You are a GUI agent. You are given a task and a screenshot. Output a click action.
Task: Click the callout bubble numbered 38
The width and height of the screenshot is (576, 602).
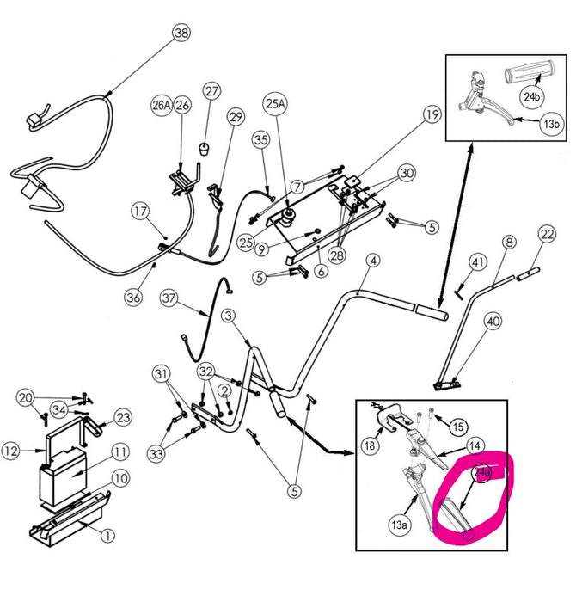(x=181, y=34)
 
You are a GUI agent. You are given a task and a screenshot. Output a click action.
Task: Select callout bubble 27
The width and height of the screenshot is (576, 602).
(x=211, y=92)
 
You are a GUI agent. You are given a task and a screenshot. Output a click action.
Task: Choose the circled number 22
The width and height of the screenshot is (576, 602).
(x=547, y=233)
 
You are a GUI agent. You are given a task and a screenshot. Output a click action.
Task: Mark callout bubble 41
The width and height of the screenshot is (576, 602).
(x=479, y=261)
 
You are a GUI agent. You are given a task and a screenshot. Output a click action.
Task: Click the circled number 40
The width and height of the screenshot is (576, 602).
(x=493, y=322)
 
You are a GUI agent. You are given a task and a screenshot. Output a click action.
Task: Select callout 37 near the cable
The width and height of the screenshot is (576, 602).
(x=169, y=298)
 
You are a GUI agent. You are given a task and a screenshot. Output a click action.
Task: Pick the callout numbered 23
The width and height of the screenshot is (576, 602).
(x=123, y=417)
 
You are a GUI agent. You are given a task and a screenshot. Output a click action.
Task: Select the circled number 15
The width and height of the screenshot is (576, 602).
(x=457, y=426)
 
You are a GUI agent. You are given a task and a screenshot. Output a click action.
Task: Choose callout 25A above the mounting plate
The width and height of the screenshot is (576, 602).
(x=274, y=105)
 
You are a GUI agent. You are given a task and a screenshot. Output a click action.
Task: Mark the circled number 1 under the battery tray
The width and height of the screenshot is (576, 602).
(x=107, y=535)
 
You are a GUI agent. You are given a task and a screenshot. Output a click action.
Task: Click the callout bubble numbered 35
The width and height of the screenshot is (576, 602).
(x=261, y=138)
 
